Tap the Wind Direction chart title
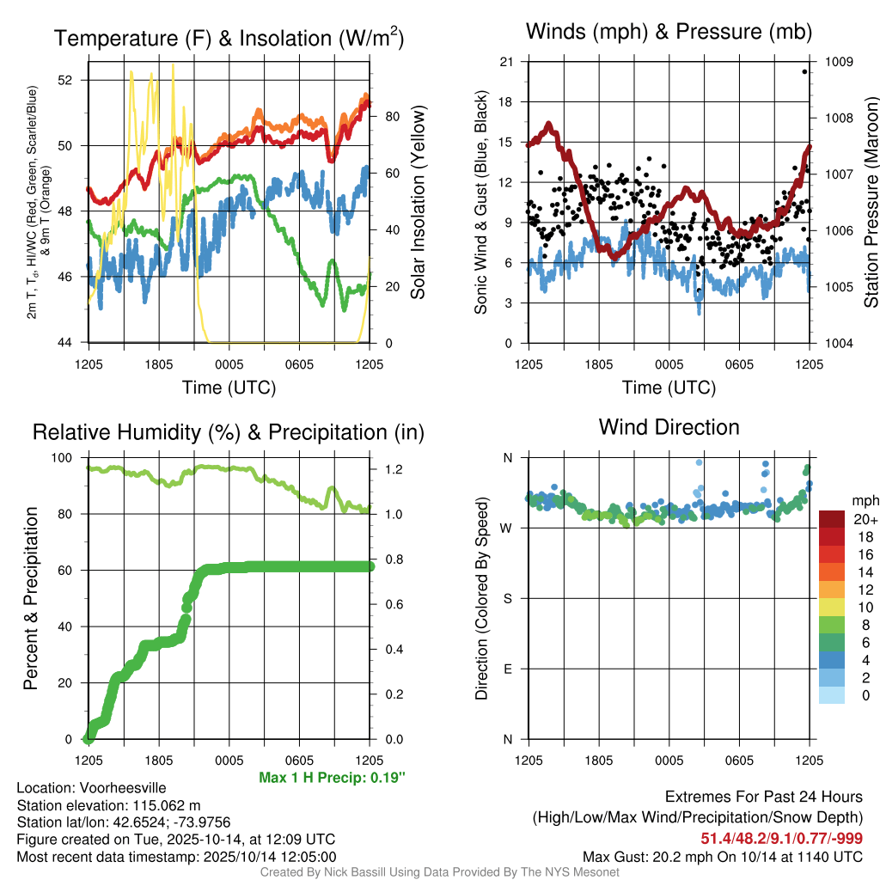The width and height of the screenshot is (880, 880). click(669, 427)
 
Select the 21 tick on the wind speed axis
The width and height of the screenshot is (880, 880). click(507, 62)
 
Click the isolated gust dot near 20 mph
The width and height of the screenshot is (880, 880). click(804, 71)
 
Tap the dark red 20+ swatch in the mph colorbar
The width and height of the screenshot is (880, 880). click(832, 519)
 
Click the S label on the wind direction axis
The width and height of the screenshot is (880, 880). click(507, 599)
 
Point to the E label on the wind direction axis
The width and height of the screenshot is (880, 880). click(507, 669)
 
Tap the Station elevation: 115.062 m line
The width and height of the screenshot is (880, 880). click(108, 805)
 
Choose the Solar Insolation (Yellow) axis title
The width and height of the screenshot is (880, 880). click(419, 203)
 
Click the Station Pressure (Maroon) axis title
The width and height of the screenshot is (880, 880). click(870, 203)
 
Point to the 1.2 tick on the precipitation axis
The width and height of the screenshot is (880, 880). click(391, 470)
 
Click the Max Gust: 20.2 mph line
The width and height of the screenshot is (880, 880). click(723, 856)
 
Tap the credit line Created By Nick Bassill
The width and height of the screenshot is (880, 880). click(439, 872)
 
